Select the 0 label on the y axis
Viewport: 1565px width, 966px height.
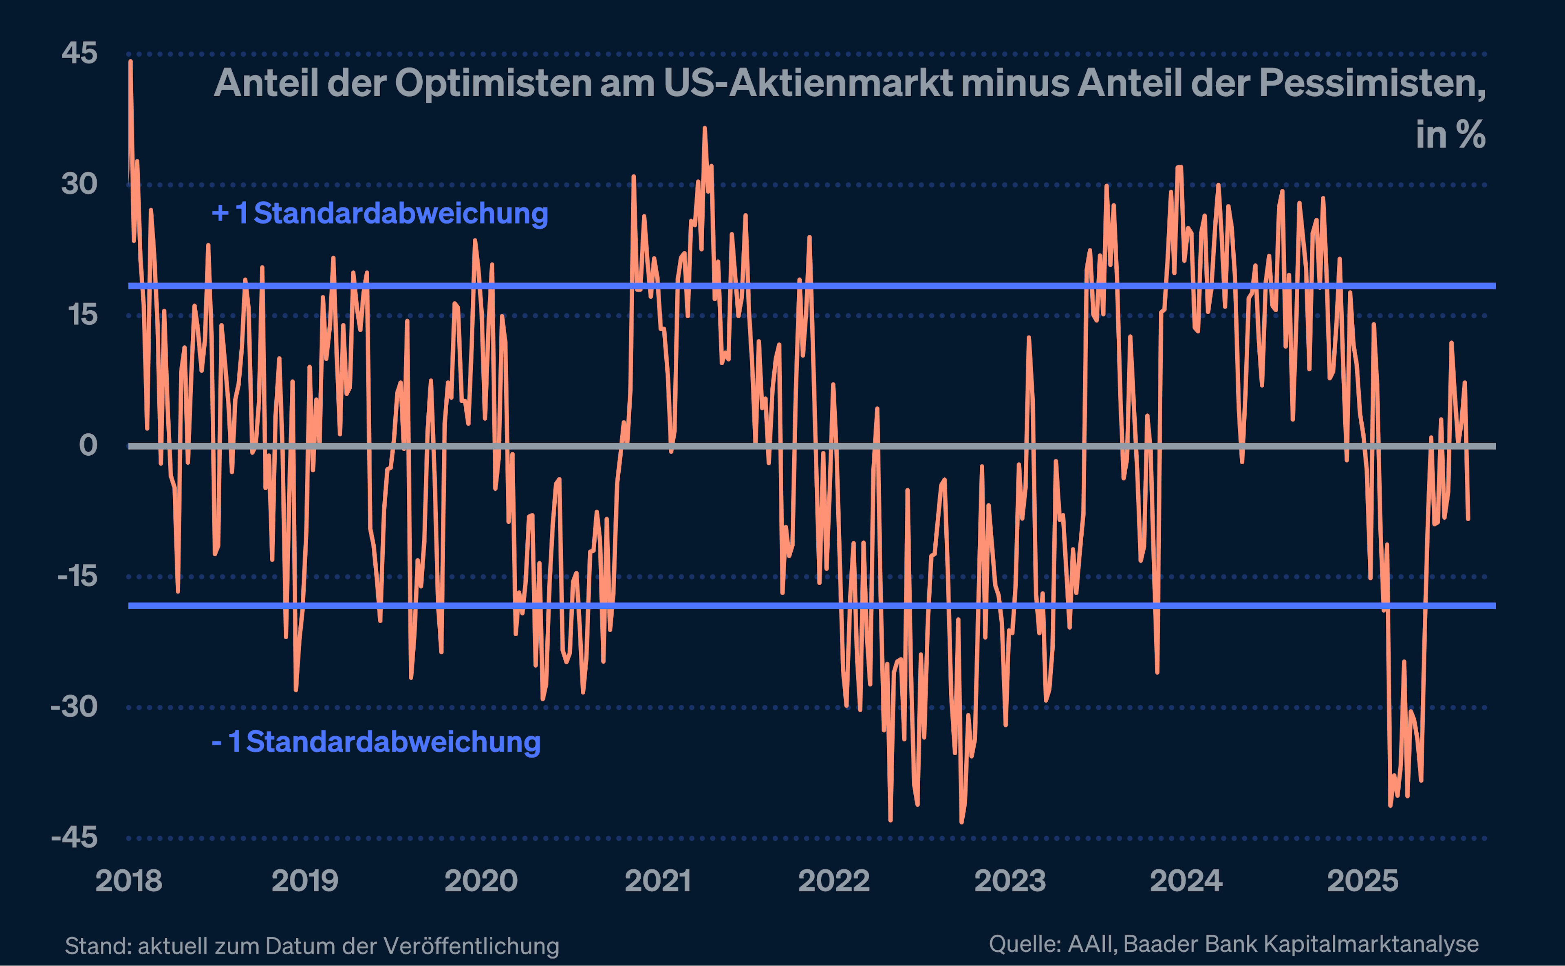pyautogui.click(x=88, y=446)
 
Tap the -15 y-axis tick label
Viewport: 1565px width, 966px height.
pyautogui.click(x=77, y=576)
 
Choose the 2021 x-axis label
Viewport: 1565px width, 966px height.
pyautogui.click(x=657, y=881)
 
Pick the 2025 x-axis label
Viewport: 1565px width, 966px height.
pyautogui.click(x=1362, y=881)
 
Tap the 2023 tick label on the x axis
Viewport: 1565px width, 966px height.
pyautogui.click(x=1010, y=881)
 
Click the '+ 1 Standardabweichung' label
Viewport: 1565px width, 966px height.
pyautogui.click(x=379, y=214)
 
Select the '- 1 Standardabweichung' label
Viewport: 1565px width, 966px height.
pyautogui.click(x=376, y=742)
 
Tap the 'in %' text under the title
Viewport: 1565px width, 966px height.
pyautogui.click(x=1450, y=135)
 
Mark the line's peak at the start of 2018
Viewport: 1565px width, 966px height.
pyautogui.click(x=130, y=61)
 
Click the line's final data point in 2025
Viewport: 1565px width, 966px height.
pyautogui.click(x=1468, y=519)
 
